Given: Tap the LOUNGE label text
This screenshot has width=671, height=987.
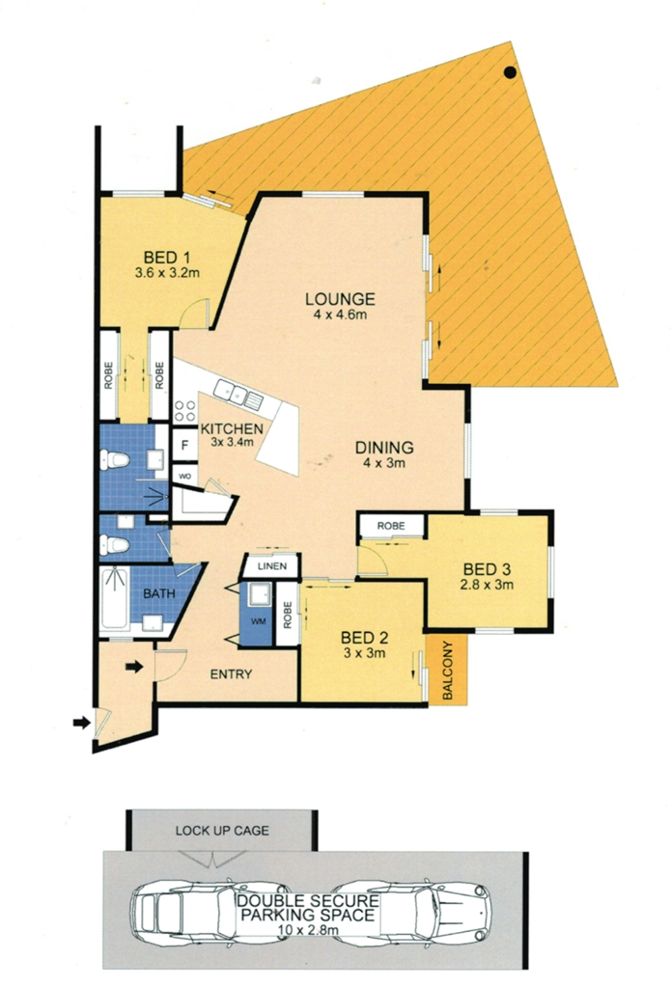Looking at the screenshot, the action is coord(340,299).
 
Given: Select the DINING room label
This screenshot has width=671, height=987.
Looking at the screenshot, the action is coord(384,448).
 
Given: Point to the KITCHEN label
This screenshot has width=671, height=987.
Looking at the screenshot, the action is coord(232,429).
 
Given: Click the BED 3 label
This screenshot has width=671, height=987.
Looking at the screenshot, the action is coord(487,569).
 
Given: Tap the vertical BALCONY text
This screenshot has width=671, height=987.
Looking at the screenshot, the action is coord(447,671).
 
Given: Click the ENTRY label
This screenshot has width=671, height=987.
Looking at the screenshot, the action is coord(231,674).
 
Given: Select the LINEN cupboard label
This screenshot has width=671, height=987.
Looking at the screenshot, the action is coord(272,566).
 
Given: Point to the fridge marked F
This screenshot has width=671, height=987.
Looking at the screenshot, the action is coord(184,446).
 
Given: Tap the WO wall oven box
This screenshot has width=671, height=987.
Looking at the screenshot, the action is coord(184,477).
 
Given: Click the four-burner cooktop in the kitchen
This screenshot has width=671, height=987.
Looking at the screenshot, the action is coord(185,411).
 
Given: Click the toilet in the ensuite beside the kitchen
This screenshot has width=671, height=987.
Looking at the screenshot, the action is coord(114,459).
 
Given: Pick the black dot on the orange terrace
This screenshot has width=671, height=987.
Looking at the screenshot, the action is coord(510,72).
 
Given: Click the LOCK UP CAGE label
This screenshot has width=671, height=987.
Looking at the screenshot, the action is coord(222,831).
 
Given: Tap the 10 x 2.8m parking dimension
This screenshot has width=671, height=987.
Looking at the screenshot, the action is coord(308,930).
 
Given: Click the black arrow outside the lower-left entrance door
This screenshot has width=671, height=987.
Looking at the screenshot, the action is coord(82,722).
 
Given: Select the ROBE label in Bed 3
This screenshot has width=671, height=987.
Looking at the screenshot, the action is coord(391,526).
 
